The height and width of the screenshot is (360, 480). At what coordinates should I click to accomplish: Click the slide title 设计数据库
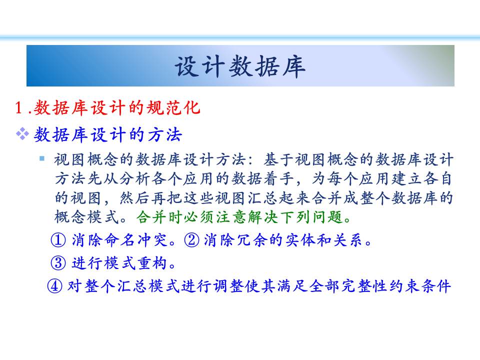coord(240,66)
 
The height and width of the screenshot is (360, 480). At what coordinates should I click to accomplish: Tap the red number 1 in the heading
coord(18,108)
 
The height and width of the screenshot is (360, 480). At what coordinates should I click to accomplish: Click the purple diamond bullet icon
coord(22,134)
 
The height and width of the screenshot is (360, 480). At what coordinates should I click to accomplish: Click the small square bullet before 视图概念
coord(42,158)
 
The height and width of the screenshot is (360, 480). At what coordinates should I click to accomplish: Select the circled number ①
coord(58,239)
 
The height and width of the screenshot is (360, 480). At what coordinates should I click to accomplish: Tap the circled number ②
coord(192,239)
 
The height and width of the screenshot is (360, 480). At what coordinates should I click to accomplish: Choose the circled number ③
coord(58,263)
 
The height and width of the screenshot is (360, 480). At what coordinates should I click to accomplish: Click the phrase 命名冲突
coord(135,239)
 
